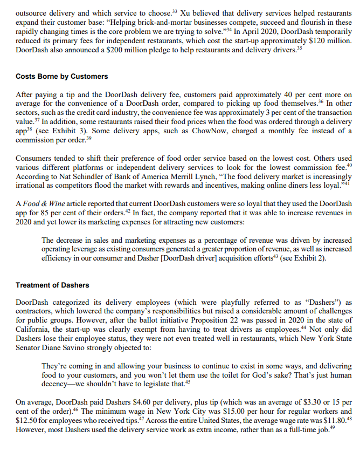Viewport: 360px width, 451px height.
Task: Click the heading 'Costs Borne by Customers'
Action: pos(62,77)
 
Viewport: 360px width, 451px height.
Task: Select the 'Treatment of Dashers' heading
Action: pos(52,285)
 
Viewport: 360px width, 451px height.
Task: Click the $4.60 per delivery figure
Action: pos(138,402)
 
